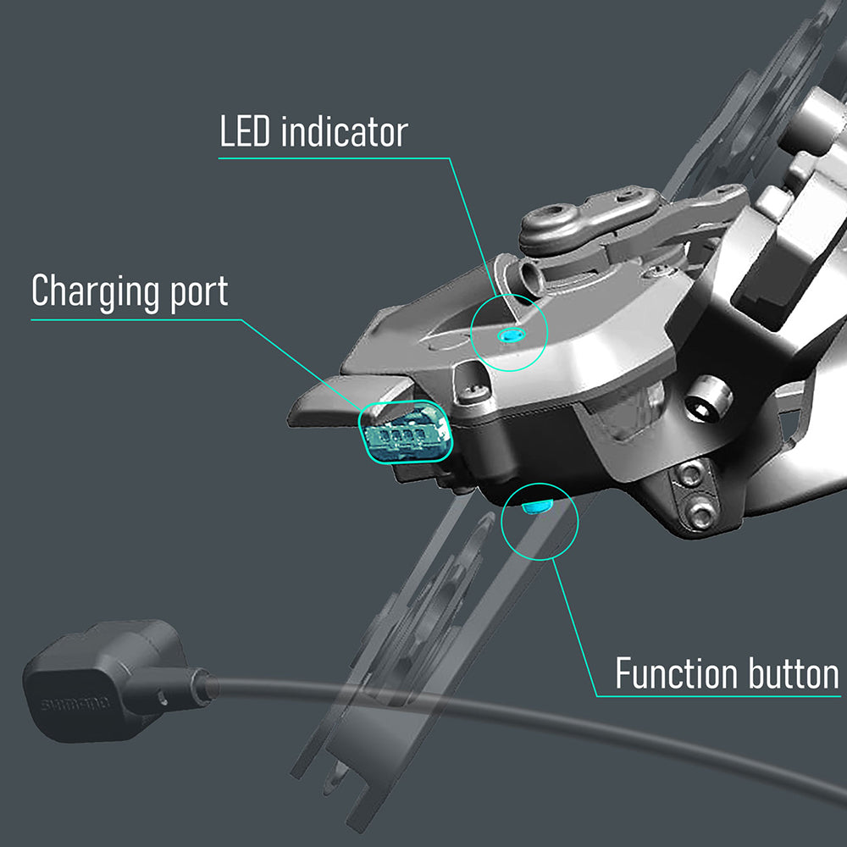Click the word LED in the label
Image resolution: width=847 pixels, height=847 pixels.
tap(246, 132)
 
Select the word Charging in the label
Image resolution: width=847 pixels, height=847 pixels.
tap(94, 291)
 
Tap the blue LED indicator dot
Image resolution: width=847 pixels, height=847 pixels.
tap(508, 335)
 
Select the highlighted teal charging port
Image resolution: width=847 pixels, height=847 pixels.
tap(405, 431)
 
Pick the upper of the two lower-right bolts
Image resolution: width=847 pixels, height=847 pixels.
tap(690, 475)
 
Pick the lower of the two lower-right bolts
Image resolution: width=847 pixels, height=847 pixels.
tap(701, 512)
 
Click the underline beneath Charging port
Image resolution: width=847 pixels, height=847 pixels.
tap(136, 319)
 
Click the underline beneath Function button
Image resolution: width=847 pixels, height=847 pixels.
tap(720, 696)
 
